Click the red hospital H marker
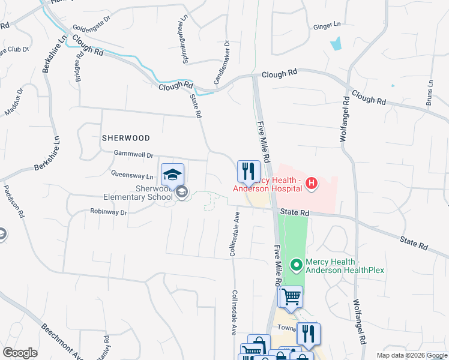click(312, 183)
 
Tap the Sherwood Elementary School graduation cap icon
click(172, 175)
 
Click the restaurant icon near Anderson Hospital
click(247, 172)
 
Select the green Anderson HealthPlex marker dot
click(296, 264)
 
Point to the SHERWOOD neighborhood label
click(125, 137)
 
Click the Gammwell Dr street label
click(133, 155)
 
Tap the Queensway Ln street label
click(132, 176)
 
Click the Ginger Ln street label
click(327, 25)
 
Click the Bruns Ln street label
click(430, 93)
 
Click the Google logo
click(20, 353)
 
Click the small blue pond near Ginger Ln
click(336, 43)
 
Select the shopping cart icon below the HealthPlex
click(291, 296)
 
